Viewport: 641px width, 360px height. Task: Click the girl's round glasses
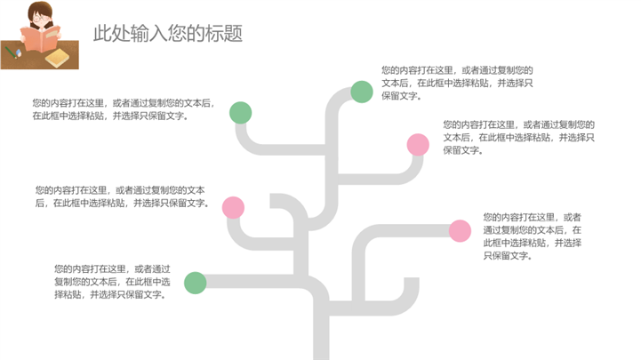(x=41, y=19)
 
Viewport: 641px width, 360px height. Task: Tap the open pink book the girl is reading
(x=41, y=38)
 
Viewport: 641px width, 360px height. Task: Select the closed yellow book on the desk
(x=57, y=58)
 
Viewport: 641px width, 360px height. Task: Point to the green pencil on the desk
(x=11, y=52)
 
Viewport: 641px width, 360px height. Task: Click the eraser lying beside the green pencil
(x=19, y=52)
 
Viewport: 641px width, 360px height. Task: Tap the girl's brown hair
(x=40, y=12)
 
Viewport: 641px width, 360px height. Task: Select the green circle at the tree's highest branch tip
(x=362, y=92)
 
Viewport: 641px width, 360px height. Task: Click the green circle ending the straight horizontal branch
(x=195, y=283)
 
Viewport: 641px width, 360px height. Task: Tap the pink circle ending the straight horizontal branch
(x=460, y=231)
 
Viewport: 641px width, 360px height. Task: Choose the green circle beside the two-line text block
(x=240, y=113)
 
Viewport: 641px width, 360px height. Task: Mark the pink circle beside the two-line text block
(x=233, y=208)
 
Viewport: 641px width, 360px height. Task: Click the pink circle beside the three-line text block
(x=418, y=145)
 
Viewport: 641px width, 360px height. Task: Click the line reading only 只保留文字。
(x=508, y=256)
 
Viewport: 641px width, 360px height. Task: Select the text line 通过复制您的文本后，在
(x=533, y=230)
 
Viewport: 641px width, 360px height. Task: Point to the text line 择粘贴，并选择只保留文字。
(x=110, y=294)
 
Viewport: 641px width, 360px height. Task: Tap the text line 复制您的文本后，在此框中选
(x=112, y=282)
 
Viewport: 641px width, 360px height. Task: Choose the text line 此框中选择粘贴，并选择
(x=533, y=244)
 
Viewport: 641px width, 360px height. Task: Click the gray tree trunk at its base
(x=321, y=351)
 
